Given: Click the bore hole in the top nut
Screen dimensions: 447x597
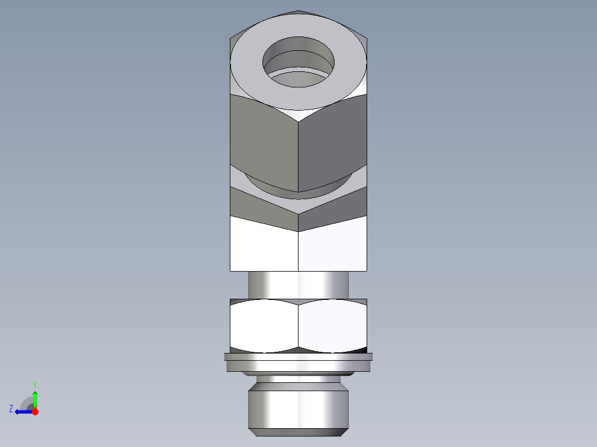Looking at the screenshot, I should click(298, 61).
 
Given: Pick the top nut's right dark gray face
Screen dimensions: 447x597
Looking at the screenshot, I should click(332, 141).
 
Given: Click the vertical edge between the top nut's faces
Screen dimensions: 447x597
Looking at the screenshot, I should click(298, 155).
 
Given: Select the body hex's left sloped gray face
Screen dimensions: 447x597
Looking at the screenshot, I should click(260, 207).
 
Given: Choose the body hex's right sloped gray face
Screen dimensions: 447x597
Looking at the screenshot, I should click(335, 207).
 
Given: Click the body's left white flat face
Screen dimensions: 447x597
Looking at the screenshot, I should click(264, 246).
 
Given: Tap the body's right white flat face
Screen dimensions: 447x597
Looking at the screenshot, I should click(332, 246).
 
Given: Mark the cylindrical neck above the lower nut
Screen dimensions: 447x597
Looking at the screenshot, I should click(298, 284).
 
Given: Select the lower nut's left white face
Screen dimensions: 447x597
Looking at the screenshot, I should click(264, 326).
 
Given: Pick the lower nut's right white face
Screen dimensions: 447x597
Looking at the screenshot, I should click(332, 326).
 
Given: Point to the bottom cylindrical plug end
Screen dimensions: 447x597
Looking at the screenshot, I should click(298, 409).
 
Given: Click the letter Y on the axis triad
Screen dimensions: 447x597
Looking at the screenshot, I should click(34, 384).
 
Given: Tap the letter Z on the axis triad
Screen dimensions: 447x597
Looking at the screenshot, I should click(11, 409).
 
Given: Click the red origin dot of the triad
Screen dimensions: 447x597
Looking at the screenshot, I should click(35, 412).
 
